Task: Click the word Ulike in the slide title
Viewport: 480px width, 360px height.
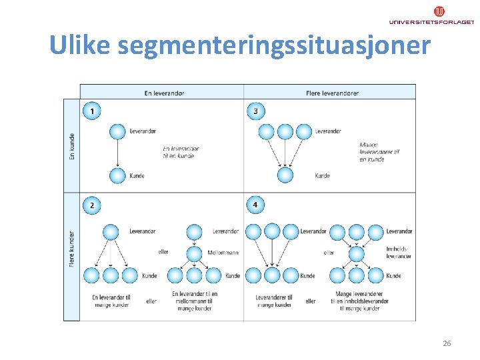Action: coord(80,45)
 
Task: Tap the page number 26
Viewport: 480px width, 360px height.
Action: coord(447,343)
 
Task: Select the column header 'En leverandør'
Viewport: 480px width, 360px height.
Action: coord(164,93)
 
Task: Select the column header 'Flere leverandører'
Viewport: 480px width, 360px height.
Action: coord(332,93)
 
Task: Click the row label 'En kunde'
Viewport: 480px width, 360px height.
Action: coord(71,146)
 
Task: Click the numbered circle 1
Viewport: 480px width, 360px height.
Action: coord(92,111)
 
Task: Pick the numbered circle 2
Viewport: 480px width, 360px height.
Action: coord(92,205)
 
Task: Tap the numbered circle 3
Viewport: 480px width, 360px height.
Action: coord(256,111)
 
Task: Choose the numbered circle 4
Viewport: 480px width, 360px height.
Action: coord(256,205)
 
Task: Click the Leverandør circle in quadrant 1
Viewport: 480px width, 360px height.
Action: coord(117,131)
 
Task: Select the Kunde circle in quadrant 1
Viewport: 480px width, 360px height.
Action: coord(117,176)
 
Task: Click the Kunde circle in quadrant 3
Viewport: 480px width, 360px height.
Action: coord(285,176)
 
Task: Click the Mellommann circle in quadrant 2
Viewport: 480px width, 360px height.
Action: coord(194,253)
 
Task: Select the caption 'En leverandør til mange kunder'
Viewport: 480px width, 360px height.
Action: coord(111,301)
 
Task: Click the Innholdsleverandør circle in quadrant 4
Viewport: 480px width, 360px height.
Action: coord(357,253)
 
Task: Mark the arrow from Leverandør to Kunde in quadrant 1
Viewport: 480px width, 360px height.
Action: coord(117,153)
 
